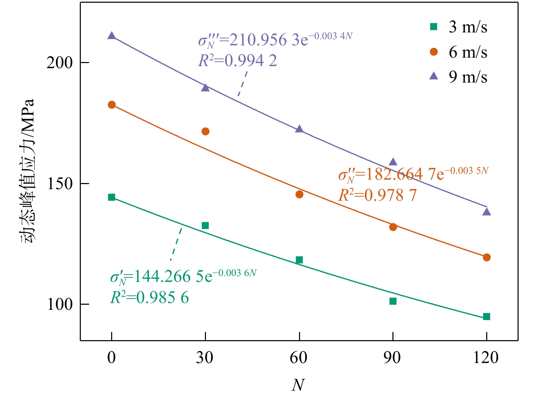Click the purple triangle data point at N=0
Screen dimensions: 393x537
(111, 36)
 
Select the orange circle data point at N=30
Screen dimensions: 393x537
(205, 131)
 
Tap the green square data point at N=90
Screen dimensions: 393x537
(393, 301)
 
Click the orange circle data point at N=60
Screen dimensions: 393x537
(299, 194)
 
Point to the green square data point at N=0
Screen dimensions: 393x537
(111, 197)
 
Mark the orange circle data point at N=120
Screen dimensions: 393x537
(487, 257)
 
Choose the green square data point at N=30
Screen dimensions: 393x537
(205, 226)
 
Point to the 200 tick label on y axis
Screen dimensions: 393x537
(60, 63)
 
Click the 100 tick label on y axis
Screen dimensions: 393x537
(60, 304)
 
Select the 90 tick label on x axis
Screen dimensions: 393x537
(392, 358)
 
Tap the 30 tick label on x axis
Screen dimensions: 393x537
(205, 358)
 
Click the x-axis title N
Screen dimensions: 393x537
(298, 385)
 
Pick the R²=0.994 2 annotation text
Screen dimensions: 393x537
(238, 61)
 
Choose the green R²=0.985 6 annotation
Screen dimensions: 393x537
(149, 298)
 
